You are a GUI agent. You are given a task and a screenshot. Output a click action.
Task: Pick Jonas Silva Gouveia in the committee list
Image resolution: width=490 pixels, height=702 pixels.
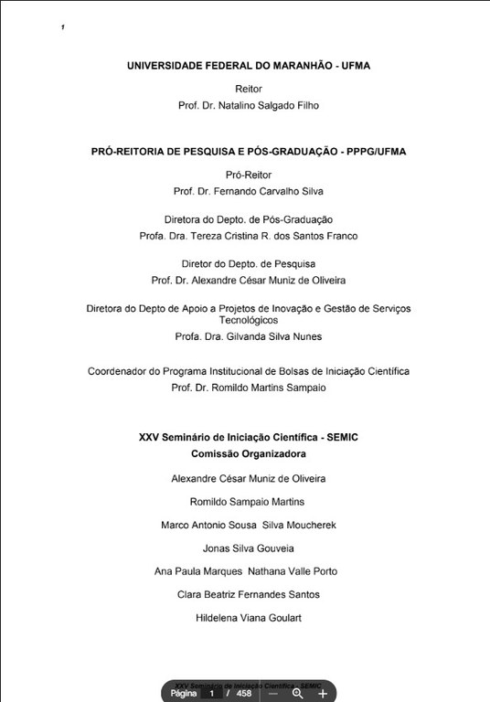(x=249, y=548)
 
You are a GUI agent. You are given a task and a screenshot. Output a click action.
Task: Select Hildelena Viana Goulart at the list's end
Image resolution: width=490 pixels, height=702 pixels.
(x=249, y=618)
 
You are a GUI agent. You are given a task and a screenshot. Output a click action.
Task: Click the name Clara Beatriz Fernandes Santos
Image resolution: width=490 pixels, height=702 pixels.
(x=249, y=594)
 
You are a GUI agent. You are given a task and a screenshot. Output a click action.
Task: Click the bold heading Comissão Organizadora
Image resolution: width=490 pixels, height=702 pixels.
(x=249, y=453)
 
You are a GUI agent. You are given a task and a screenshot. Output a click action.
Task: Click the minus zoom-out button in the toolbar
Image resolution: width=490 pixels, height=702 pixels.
(x=272, y=693)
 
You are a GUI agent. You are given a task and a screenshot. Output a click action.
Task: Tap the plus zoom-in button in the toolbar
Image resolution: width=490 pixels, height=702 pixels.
(x=323, y=693)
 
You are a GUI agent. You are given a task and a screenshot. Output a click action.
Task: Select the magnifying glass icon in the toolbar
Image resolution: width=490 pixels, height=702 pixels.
(x=297, y=693)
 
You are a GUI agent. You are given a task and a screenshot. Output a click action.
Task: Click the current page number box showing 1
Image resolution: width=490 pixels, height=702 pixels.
(x=212, y=693)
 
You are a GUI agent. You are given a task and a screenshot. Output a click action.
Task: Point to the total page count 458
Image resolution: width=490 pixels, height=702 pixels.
(x=244, y=693)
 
